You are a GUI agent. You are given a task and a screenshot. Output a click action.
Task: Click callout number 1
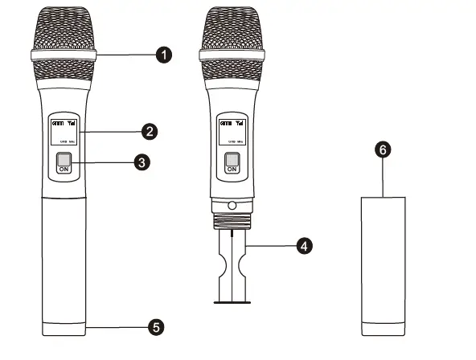point(164,55)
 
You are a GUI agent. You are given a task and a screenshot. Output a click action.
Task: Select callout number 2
point(149,129)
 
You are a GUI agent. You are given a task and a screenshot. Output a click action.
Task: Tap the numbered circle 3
point(142,162)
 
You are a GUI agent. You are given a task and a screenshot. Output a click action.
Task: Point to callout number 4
point(303,245)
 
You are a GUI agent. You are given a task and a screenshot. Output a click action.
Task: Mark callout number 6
point(384,149)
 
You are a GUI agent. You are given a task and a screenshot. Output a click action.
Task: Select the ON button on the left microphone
point(64,165)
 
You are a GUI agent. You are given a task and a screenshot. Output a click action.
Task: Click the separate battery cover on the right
point(384,257)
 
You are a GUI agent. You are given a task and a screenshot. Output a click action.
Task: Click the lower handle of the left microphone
point(64,257)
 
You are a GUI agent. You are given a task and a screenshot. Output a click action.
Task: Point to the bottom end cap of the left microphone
point(64,327)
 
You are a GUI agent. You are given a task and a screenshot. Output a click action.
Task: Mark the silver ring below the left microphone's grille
point(64,56)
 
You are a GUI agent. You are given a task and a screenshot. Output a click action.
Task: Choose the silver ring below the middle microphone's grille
point(232,56)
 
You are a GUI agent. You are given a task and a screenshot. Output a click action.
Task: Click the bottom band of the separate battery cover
point(384,327)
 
